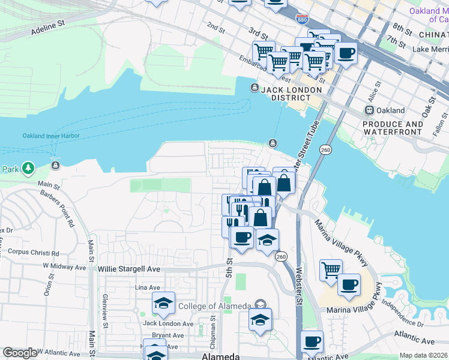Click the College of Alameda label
point(214,306)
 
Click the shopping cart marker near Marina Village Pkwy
point(331,270)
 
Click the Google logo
point(20,353)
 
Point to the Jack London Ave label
point(168,324)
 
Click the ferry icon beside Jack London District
point(255,89)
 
